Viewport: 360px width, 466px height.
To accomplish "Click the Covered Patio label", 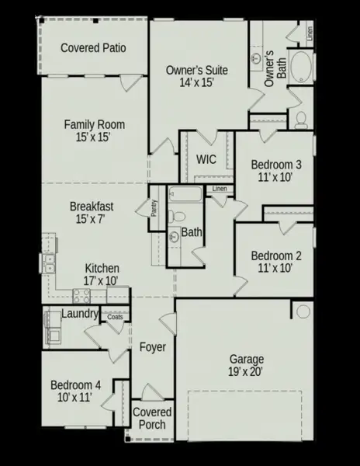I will pos(93,48).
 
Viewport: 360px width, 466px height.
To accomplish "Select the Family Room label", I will pos(93,124).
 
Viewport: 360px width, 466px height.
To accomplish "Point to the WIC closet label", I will pos(206,159).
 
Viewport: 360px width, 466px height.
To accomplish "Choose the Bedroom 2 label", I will pos(276,256).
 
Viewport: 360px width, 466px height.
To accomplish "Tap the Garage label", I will pos(247,360).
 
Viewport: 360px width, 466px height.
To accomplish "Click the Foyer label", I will pos(153,347).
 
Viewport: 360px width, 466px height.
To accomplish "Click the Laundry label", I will pos(80,315).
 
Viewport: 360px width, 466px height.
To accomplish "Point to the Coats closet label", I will pos(115,316).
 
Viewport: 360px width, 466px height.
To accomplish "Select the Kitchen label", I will pos(102,268).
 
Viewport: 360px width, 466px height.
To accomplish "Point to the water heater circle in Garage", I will pos(303,311).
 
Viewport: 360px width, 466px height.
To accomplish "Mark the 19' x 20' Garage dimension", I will pos(247,372).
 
